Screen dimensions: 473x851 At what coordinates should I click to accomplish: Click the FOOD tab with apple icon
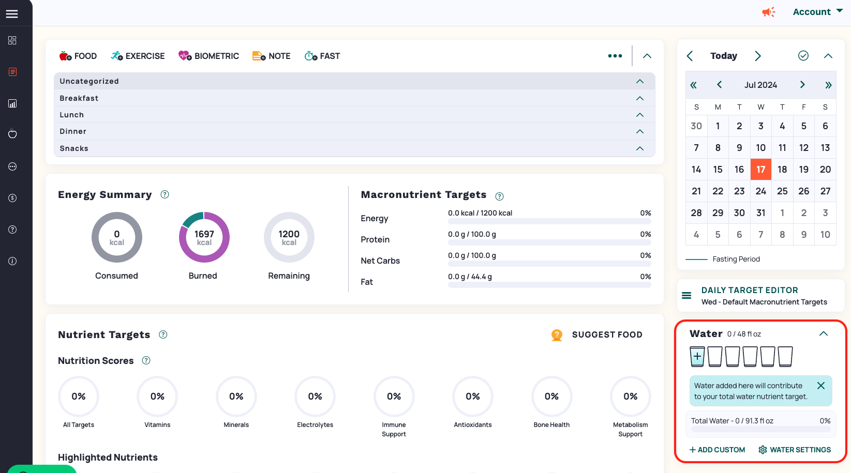tap(78, 56)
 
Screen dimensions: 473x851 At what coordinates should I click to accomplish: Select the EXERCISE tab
tap(138, 56)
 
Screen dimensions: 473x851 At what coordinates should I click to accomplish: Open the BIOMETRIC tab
tap(208, 56)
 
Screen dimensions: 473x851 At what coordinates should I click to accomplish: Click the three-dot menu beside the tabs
tap(615, 56)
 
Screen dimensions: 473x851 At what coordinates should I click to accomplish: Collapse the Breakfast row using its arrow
tap(639, 98)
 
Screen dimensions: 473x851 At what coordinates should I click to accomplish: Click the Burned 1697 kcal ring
tap(204, 237)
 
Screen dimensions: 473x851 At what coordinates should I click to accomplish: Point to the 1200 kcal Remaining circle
tap(289, 237)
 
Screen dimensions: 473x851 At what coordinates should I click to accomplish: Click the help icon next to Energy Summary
tap(165, 194)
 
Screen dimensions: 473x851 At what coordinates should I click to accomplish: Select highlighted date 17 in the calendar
tap(760, 169)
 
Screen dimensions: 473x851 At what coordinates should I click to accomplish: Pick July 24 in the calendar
tap(760, 191)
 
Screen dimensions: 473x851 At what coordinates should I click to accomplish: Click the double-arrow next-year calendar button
tap(828, 85)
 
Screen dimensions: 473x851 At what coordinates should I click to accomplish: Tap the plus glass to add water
tap(697, 356)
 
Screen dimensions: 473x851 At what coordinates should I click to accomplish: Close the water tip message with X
tap(820, 386)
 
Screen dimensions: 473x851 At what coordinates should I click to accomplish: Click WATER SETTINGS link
tap(795, 450)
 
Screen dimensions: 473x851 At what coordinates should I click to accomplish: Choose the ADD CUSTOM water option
tap(717, 450)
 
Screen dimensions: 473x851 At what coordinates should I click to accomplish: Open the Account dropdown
tap(817, 12)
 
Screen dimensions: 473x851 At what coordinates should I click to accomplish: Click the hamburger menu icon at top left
tap(12, 14)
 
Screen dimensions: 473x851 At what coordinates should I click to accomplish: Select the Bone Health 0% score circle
tap(551, 396)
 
